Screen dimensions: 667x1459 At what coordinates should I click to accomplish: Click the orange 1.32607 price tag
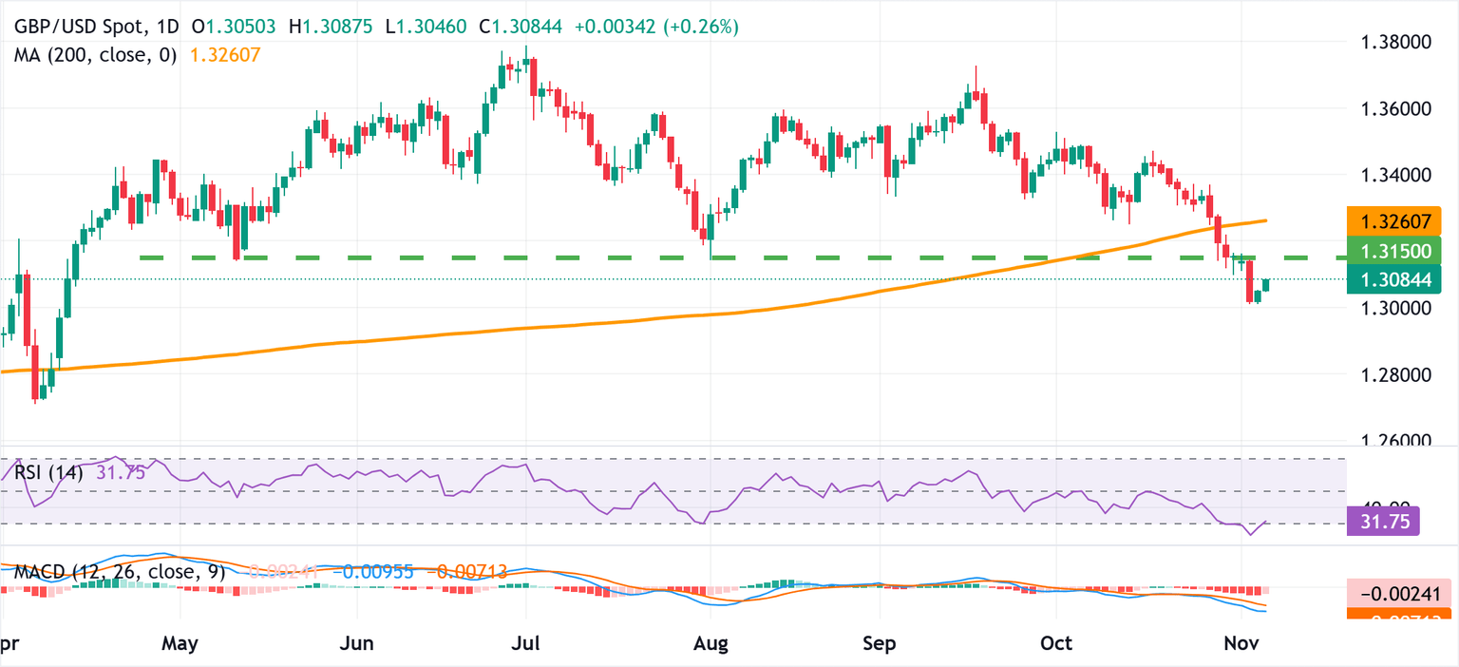point(1394,223)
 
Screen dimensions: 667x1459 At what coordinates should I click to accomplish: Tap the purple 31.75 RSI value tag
point(1383,521)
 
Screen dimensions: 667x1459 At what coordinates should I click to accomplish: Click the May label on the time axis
point(180,643)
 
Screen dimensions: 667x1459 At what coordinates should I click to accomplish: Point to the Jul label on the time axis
point(525,643)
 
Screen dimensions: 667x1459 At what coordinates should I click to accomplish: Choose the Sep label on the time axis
point(880,643)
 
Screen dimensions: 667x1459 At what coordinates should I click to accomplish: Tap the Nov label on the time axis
point(1241,643)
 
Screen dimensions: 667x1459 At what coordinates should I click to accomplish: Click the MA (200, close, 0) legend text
point(96,55)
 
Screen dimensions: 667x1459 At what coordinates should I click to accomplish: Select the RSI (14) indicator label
point(47,472)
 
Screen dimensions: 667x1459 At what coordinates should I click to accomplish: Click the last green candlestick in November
point(1266,285)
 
